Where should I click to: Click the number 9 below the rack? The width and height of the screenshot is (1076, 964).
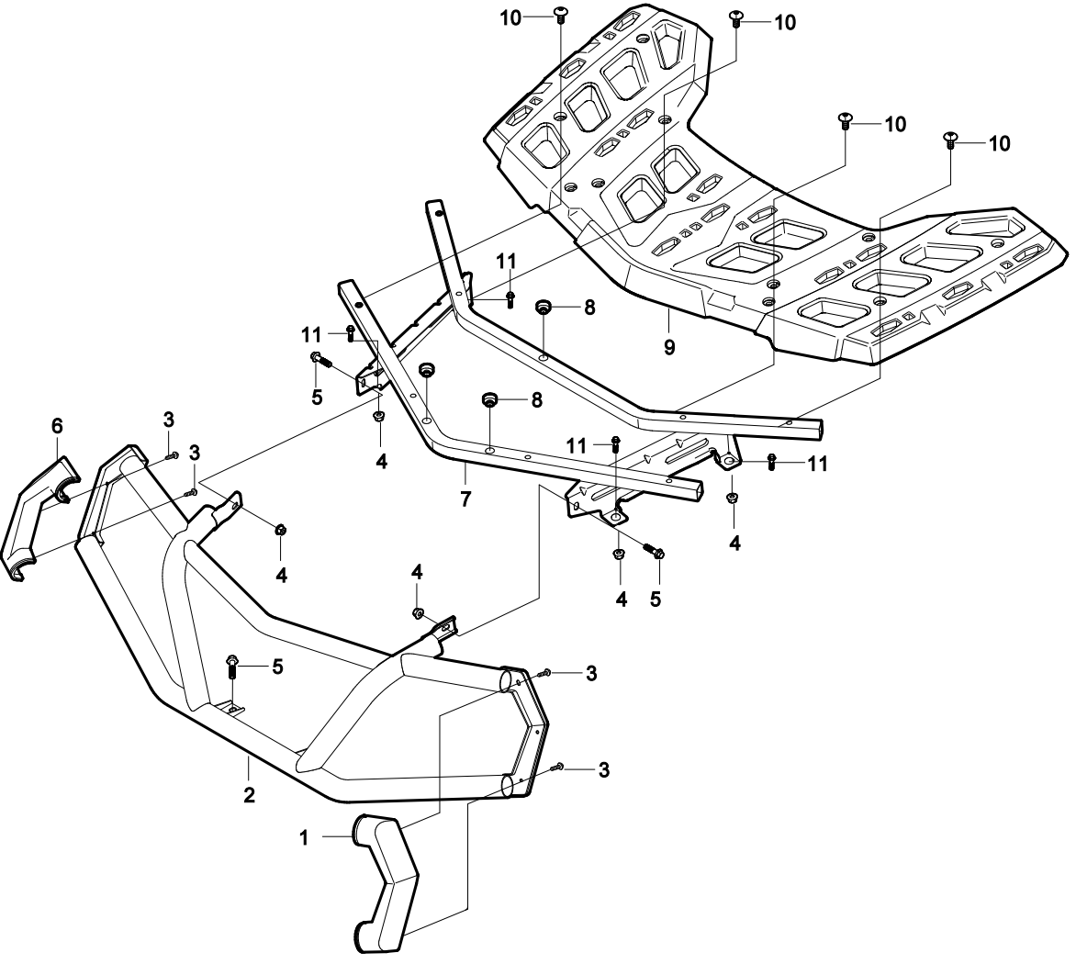click(x=669, y=346)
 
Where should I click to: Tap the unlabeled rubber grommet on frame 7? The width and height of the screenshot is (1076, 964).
click(x=426, y=370)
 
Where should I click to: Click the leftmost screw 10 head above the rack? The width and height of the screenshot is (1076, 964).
click(x=560, y=12)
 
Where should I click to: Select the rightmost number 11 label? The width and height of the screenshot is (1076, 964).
click(x=817, y=465)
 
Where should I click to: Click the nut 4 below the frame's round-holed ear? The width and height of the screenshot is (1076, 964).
click(x=732, y=498)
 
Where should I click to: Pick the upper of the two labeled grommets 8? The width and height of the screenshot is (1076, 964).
click(x=543, y=305)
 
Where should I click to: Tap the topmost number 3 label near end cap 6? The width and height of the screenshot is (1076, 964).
click(x=169, y=420)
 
